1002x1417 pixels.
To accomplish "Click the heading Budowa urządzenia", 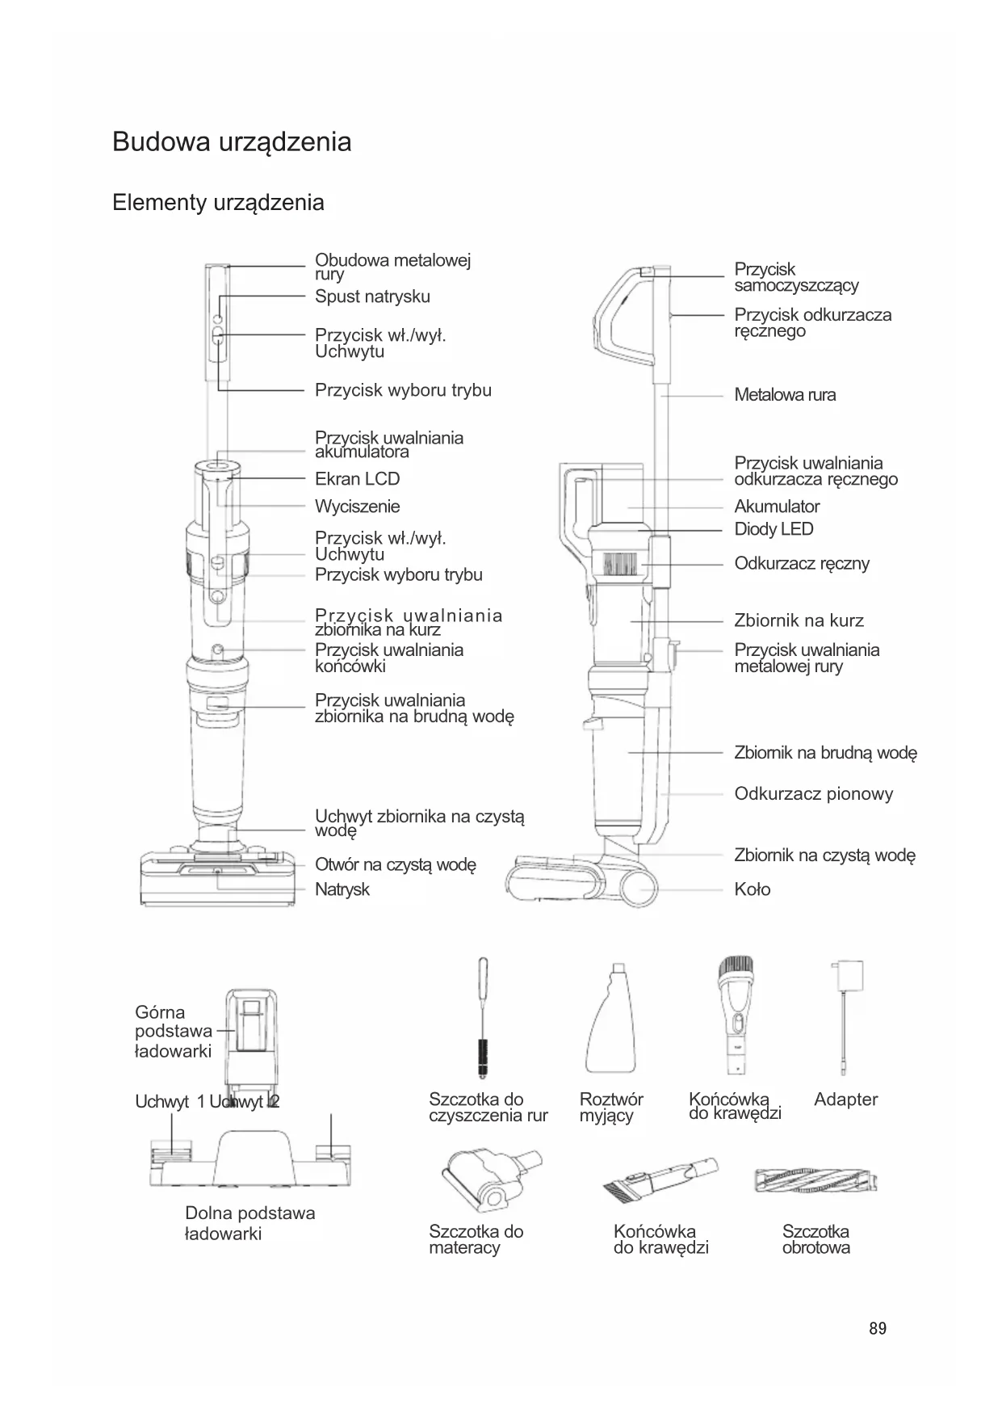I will [x=232, y=142].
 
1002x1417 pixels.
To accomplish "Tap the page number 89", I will [x=878, y=1328].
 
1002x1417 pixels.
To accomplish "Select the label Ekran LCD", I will [x=357, y=479].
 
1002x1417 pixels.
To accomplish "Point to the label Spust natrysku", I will [x=372, y=296].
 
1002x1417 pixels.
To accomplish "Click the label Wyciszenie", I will [x=357, y=507].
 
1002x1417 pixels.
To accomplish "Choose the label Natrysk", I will [x=342, y=889].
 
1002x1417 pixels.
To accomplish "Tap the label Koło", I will [x=752, y=889].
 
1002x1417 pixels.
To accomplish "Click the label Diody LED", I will [x=774, y=529].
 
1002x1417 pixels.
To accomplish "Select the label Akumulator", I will [x=777, y=507].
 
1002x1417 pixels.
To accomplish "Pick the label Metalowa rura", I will [x=785, y=395].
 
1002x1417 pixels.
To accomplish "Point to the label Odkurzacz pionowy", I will [x=813, y=793].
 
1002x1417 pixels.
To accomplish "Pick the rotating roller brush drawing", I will [x=815, y=1181].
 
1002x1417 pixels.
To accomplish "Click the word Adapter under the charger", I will [x=845, y=1099].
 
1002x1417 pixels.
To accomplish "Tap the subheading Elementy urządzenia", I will [x=218, y=202].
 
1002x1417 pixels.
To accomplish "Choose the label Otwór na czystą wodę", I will [x=395, y=864].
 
